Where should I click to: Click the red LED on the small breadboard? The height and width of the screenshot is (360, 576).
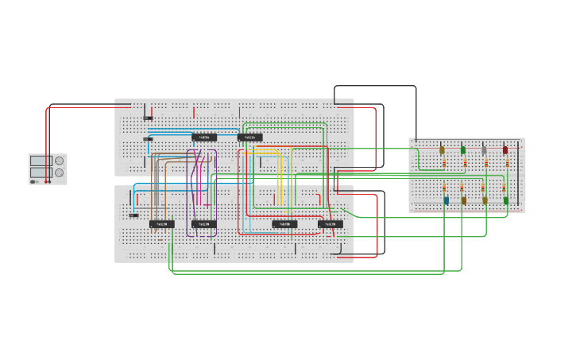coord(504,149)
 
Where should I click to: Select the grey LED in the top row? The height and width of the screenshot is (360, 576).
coord(484,150)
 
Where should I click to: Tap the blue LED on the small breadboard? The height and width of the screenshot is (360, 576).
coord(446,200)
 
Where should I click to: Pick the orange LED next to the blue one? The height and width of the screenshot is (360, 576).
coord(464,200)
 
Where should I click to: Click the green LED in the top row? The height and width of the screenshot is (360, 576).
coord(463,149)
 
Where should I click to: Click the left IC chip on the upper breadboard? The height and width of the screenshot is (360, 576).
coord(203,137)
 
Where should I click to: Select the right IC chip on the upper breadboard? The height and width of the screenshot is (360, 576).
coord(249,137)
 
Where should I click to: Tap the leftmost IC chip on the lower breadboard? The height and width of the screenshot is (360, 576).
coord(161,224)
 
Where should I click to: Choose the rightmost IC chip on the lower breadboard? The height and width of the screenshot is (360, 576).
coord(331,224)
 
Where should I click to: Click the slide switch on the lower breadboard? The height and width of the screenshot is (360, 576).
coord(133,215)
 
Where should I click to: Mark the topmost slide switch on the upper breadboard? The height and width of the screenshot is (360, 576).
coord(148,118)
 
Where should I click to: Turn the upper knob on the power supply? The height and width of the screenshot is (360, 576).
coord(59,161)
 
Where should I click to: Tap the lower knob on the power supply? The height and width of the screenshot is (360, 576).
coord(59,172)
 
